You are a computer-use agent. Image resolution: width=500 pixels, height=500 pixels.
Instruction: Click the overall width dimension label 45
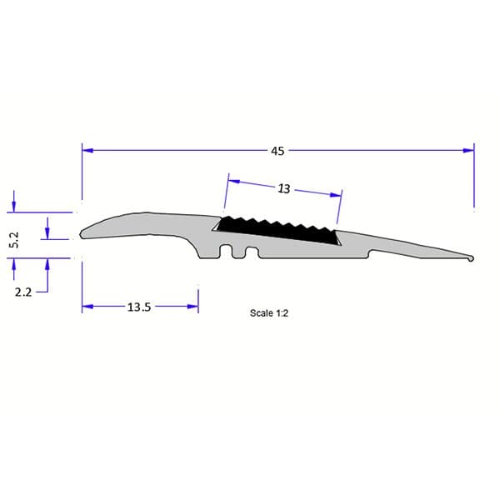277,151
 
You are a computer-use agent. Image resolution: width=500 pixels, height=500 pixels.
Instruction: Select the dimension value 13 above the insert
283,189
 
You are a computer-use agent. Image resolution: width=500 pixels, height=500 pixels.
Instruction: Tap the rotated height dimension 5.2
13,241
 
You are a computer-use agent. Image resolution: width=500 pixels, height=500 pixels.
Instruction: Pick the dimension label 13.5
138,307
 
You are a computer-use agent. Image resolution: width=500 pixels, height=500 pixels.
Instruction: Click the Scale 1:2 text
268,313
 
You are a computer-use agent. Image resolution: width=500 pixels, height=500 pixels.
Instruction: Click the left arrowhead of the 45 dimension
87,151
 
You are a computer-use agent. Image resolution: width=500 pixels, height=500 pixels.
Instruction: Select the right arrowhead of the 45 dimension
468,151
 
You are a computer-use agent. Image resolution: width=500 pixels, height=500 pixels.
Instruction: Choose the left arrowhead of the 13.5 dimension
87,307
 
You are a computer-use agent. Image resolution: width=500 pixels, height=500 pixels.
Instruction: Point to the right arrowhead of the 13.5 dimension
192,307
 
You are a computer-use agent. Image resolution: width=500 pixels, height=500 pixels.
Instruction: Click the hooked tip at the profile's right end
472,259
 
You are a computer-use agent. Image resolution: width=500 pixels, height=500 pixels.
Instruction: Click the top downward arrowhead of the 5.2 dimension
13,207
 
